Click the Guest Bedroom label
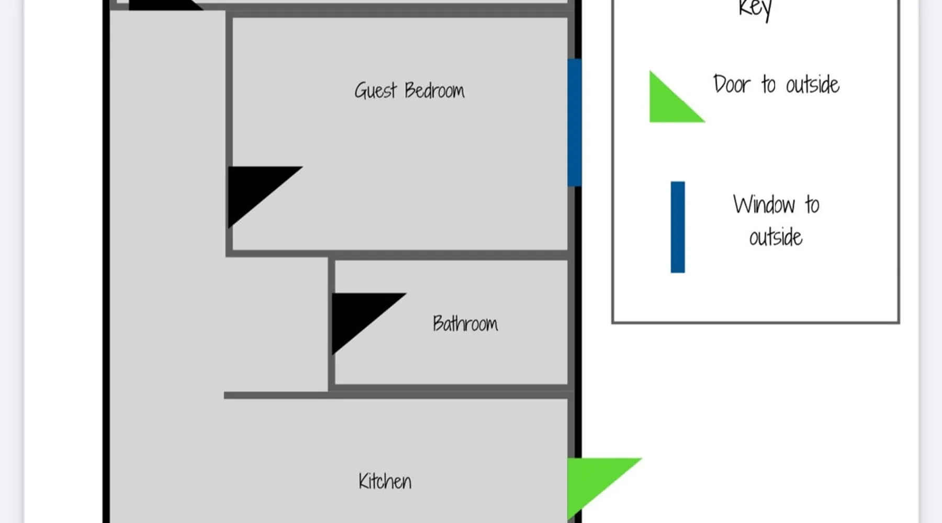(409, 90)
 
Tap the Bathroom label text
(465, 324)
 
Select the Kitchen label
(385, 481)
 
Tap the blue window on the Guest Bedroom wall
(574, 122)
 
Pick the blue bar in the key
(678, 227)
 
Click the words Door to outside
(776, 84)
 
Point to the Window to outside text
(776, 220)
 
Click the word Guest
(375, 90)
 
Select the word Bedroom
(434, 90)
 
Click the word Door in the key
(732, 84)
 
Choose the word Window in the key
(764, 204)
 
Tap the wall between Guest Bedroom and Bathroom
(450, 255)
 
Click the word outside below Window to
(776, 237)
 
